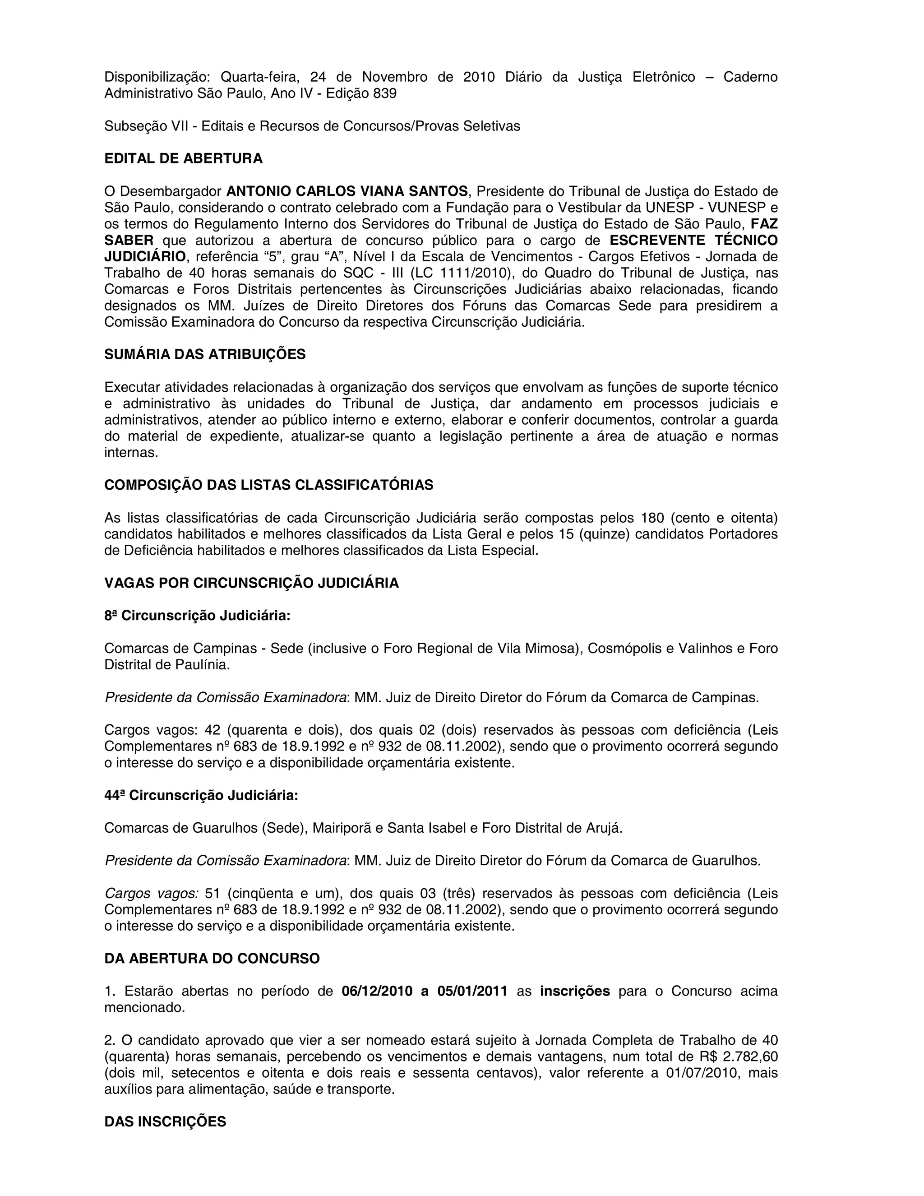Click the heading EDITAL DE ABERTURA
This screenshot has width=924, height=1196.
pyautogui.click(x=183, y=159)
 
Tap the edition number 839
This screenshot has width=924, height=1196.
pyautogui.click(x=385, y=93)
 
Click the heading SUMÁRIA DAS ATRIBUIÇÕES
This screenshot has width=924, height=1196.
pyautogui.click(x=205, y=355)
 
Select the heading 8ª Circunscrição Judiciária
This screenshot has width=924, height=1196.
pyautogui.click(x=197, y=616)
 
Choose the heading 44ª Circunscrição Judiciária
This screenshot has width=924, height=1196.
pyautogui.click(x=201, y=795)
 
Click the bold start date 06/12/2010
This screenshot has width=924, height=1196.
pyautogui.click(x=377, y=991)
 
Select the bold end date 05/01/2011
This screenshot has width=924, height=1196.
pyautogui.click(x=472, y=991)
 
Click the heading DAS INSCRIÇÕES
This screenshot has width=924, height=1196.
pyautogui.click(x=165, y=1122)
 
